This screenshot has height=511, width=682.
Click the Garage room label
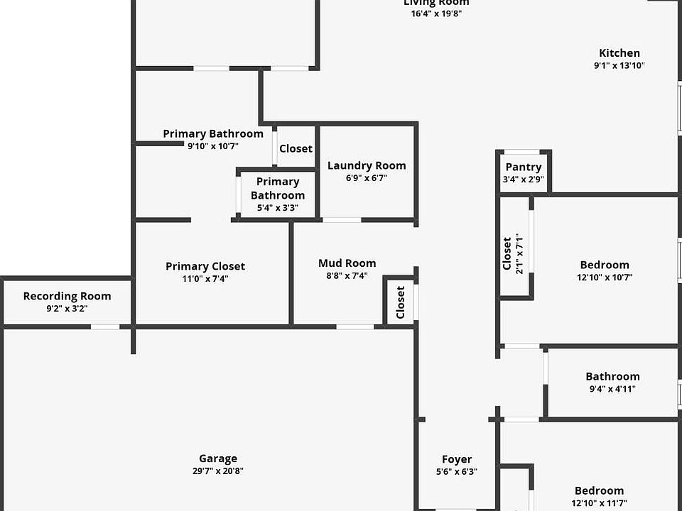click(x=218, y=458)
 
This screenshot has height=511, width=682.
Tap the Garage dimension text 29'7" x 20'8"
click(x=218, y=471)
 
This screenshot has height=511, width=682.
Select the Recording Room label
click(x=67, y=296)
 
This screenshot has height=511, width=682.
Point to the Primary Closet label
click(x=205, y=266)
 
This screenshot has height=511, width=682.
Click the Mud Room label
click(x=347, y=263)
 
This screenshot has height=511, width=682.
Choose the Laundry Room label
click(x=367, y=165)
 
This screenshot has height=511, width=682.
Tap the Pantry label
click(x=524, y=167)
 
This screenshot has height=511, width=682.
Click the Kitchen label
click(x=619, y=53)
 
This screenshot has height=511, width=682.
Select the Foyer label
click(x=457, y=459)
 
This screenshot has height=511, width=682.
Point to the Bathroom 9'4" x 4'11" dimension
click(x=612, y=389)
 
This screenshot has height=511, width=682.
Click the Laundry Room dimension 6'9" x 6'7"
click(x=367, y=178)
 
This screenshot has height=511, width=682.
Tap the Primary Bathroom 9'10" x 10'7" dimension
click(x=213, y=146)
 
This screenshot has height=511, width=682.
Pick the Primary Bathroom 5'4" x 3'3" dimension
click(x=277, y=208)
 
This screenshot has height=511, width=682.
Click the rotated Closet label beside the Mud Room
click(x=401, y=302)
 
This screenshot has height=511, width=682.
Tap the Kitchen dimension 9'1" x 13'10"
click(x=619, y=65)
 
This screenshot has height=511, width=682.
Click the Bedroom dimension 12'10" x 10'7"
click(x=605, y=278)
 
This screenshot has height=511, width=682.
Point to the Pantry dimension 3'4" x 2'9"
click(x=524, y=180)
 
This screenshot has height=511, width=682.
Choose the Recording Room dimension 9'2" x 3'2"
click(x=67, y=309)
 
